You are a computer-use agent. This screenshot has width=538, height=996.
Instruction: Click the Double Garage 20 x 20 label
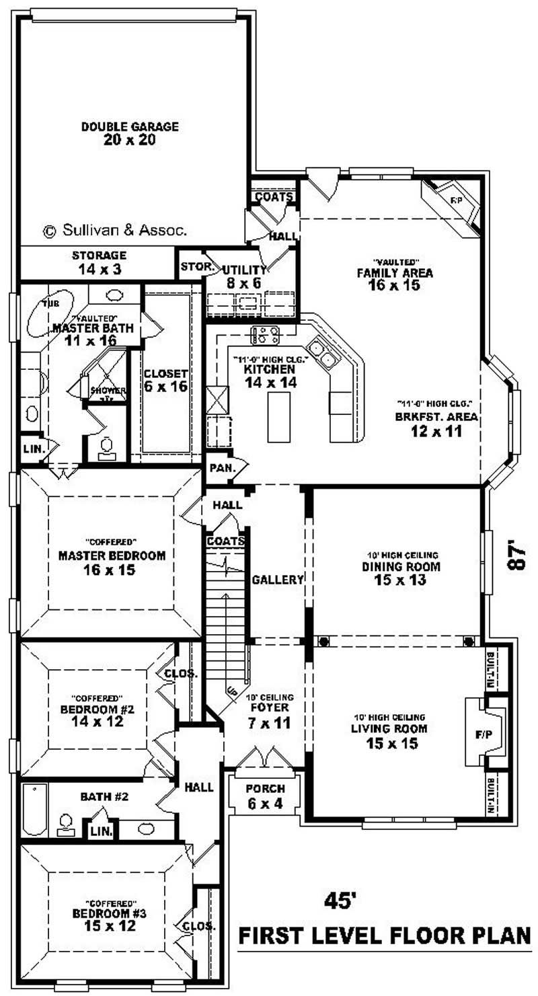coord(130,132)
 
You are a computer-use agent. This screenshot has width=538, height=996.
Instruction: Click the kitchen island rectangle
coord(279,417)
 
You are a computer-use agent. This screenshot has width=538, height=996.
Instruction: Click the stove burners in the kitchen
coord(266,334)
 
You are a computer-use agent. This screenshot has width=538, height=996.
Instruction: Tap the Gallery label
coord(278,580)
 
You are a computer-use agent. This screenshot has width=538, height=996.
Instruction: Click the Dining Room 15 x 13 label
coord(399,573)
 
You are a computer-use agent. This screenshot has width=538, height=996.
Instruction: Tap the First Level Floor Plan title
coord(385,935)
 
